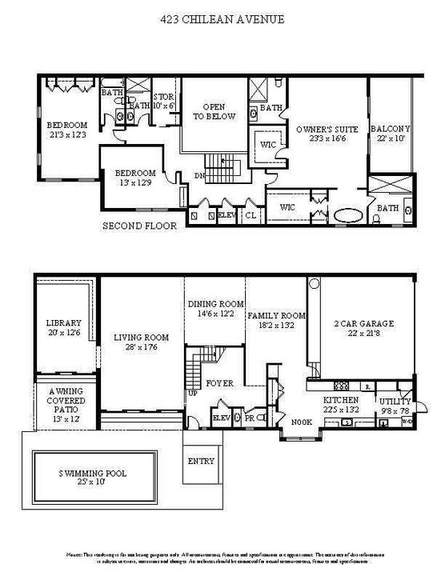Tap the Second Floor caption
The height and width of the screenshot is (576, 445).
click(x=138, y=226)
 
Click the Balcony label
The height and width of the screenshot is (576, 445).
click(x=390, y=134)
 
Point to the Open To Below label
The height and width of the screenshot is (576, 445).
click(x=214, y=111)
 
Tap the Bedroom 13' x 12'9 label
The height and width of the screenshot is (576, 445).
click(x=134, y=178)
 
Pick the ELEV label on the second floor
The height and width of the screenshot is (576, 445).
click(x=227, y=216)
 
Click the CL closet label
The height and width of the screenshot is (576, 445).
click(x=250, y=216)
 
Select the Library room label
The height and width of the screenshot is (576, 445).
click(x=64, y=328)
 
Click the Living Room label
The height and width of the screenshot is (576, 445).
click(x=140, y=342)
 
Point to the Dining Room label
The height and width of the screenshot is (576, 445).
click(x=214, y=309)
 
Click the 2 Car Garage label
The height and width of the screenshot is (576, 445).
click(x=363, y=328)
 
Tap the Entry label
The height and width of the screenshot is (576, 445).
click(x=200, y=462)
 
